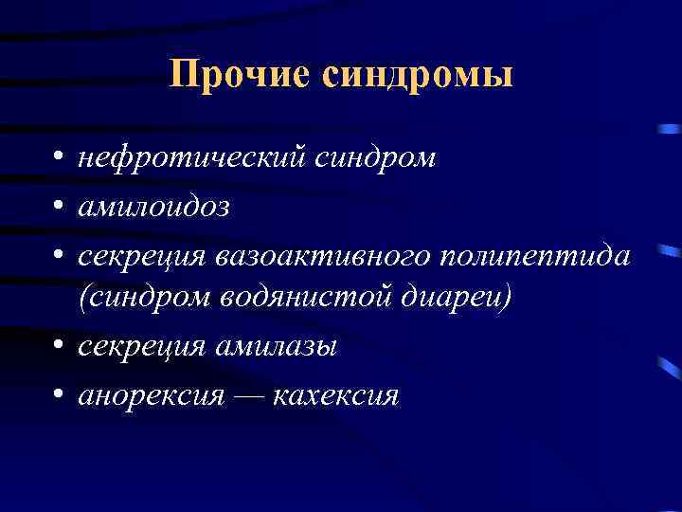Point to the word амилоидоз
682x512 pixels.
pyautogui.click(x=153, y=205)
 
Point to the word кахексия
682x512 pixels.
pyautogui.click(x=335, y=394)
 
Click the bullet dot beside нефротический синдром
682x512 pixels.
pyautogui.click(x=60, y=158)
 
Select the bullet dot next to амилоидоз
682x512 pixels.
pyautogui.click(x=60, y=206)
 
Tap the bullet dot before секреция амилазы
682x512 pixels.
pyautogui.click(x=60, y=348)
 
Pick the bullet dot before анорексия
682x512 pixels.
pyautogui.click(x=60, y=395)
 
